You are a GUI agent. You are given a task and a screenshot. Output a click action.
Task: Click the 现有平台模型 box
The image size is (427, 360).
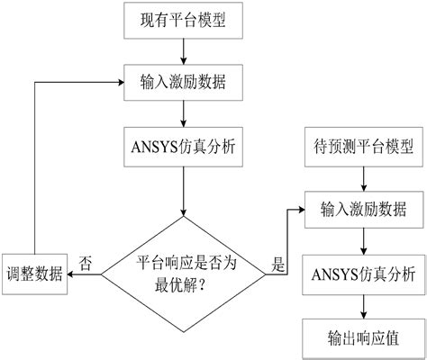coord(185,19)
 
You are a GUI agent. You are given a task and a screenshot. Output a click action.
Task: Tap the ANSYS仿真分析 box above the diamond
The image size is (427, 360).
coord(185,145)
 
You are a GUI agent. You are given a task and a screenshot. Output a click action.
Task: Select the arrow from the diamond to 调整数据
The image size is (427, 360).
coord(86,274)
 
